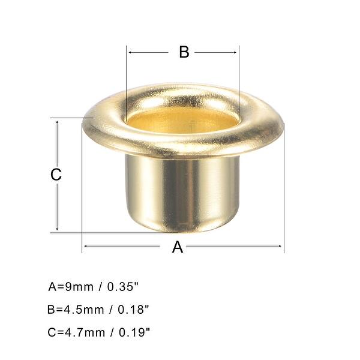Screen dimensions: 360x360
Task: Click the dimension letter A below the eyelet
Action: [178, 247]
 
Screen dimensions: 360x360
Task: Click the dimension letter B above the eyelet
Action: [184, 52]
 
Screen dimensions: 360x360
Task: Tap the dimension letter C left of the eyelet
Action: [55, 175]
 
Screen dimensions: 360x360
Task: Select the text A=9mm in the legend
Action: [71, 287]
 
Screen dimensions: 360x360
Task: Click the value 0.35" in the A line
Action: [126, 287]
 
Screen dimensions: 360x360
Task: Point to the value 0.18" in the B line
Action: [130, 310]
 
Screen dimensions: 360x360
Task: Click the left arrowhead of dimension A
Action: [85, 245]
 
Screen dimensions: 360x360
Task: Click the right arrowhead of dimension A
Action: [281, 245]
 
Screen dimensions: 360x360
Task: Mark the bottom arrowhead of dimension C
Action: [58, 229]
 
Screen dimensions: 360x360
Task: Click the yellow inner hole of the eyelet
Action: [182, 120]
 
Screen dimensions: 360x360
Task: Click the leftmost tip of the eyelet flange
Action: [83, 123]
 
